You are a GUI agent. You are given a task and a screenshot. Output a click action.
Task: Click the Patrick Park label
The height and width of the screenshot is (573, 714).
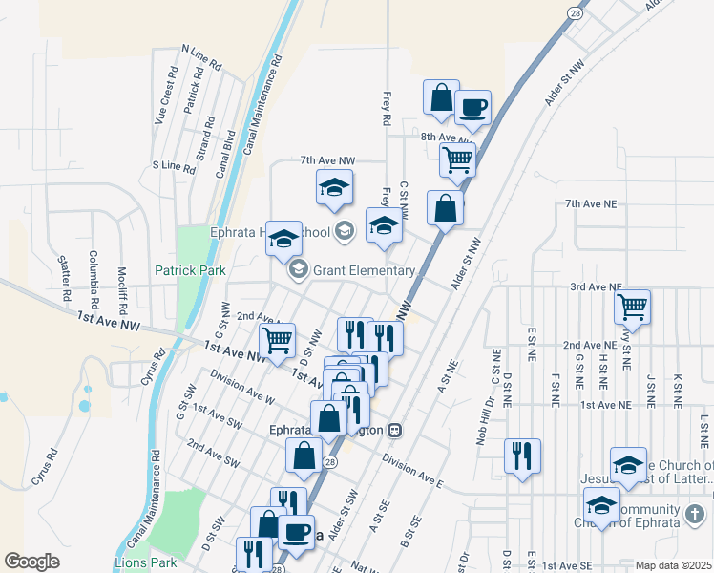pos(191,270)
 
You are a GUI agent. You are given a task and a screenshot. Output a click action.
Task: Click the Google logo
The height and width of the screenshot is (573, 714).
pos(32,562)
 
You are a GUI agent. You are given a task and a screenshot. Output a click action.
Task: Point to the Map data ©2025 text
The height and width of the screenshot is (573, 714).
pos(673,565)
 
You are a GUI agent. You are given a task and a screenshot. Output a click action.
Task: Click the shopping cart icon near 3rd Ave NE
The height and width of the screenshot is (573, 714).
pos(632,308)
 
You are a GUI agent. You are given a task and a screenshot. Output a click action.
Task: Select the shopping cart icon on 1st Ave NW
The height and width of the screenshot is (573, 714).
pos(277,339)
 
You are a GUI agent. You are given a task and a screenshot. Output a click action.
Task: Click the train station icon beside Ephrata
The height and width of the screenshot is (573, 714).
pos(393,430)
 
